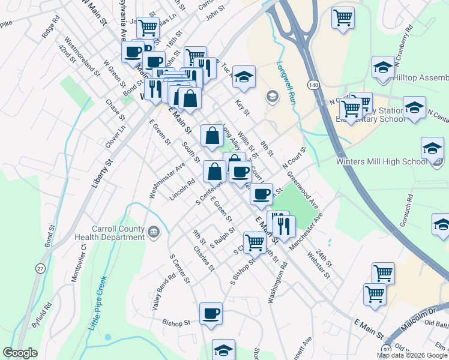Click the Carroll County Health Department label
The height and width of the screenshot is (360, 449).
point(118,232)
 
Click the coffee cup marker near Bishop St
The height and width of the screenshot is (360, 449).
point(211,313)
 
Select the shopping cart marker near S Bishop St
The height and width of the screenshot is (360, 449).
point(255,242)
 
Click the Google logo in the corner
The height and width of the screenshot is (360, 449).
point(20,353)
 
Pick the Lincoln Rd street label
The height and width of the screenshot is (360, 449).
point(182,190)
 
